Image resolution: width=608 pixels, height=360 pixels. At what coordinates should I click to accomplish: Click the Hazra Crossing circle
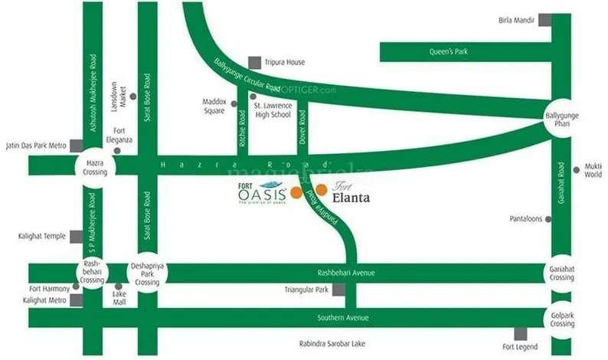(93, 166)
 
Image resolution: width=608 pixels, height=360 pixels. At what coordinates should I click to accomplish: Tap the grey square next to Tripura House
(254, 62)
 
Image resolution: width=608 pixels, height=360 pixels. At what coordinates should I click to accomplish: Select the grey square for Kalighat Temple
(75, 237)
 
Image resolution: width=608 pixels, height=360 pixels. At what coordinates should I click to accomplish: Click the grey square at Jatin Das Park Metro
(75, 146)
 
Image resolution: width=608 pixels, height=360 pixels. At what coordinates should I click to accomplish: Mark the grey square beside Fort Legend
(521, 334)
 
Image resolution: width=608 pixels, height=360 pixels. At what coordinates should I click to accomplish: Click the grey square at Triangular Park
(338, 290)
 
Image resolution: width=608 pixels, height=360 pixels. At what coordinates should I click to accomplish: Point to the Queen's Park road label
(448, 52)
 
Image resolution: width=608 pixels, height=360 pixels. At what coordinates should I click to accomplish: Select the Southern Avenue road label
(344, 318)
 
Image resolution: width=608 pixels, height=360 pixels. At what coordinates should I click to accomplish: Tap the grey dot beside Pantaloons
(548, 219)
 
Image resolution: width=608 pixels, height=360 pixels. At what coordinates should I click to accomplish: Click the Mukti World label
(593, 169)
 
